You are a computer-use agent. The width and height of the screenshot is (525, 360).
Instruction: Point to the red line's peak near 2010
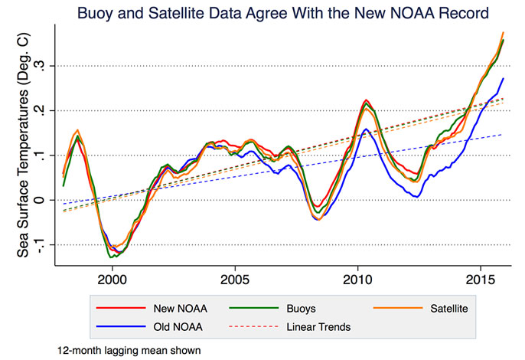[x=366, y=100]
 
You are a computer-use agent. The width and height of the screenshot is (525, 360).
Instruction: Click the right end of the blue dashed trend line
[x=503, y=135]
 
